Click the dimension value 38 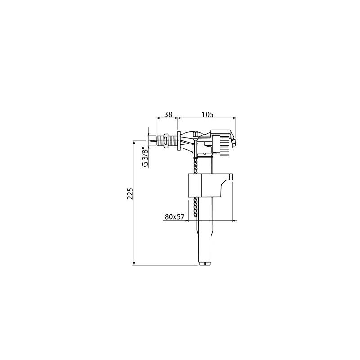(168, 114)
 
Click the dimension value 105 (207, 114)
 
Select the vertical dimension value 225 (130, 193)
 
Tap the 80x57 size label (175, 216)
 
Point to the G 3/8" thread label (144, 158)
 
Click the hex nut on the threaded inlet (165, 140)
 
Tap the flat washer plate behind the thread (179, 141)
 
